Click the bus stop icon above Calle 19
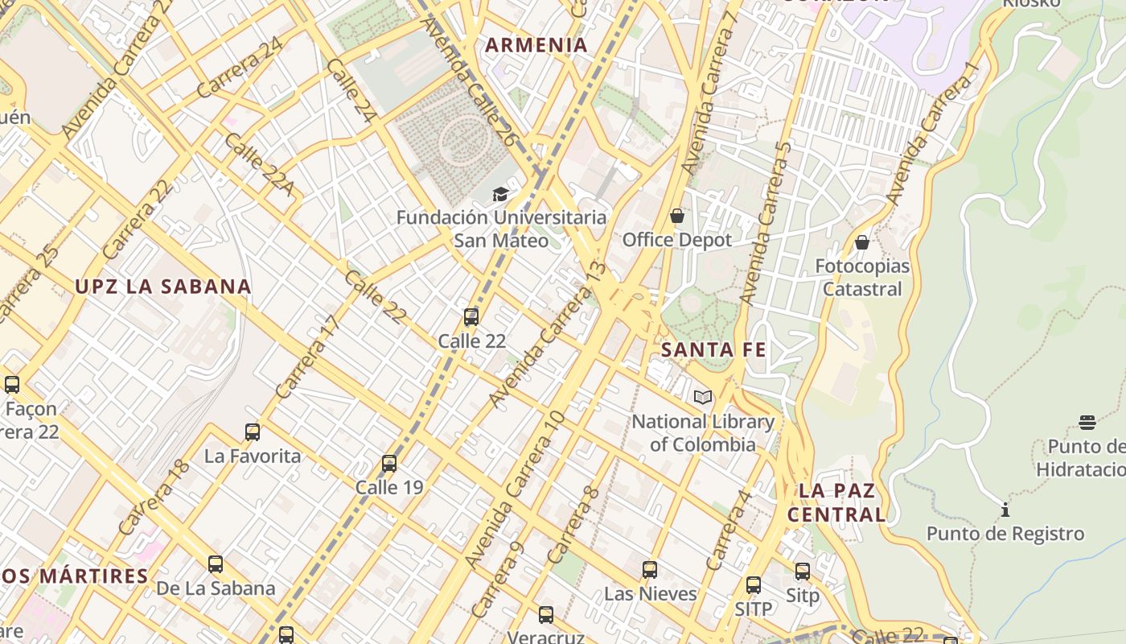coord(389,464)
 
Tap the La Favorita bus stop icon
coord(253,432)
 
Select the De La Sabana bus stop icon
coord(215,564)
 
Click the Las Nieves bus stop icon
coord(650,570)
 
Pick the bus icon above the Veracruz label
coord(546,615)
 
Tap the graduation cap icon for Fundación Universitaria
coord(500,194)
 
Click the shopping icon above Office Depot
coord(677,216)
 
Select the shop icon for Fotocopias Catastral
coord(862,242)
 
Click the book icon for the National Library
coord(703,397)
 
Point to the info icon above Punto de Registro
coord(1005,510)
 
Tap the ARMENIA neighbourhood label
coord(537,45)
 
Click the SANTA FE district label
coord(713,350)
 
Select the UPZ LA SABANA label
coord(163,287)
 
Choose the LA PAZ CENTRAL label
coord(836,502)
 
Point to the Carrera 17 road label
coord(308,357)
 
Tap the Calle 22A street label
coord(258,166)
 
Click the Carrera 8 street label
coord(573,525)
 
